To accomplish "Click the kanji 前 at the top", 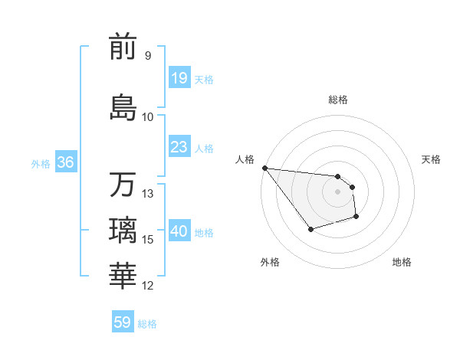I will click(x=123, y=47).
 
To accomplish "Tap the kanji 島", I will click(x=123, y=107).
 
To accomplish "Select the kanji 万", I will click(x=123, y=185).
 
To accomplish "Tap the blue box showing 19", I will click(x=179, y=79).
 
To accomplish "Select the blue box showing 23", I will click(x=179, y=148).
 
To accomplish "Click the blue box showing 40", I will click(x=179, y=232).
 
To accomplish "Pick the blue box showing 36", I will click(x=65, y=163).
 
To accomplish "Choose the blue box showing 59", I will click(x=123, y=322).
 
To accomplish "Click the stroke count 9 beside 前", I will click(x=147, y=56).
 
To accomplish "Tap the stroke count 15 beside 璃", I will click(x=148, y=241).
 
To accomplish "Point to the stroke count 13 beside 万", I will click(x=148, y=194).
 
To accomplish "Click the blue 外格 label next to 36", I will click(x=41, y=164).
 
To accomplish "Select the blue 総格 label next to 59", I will click(x=147, y=324).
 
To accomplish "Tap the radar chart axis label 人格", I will click(x=245, y=159).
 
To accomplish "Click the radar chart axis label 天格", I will click(x=431, y=159).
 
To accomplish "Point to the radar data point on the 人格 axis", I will click(x=264, y=168).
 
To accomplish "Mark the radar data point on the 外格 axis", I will click(x=310, y=229).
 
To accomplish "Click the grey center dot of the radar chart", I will click(x=337, y=191).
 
